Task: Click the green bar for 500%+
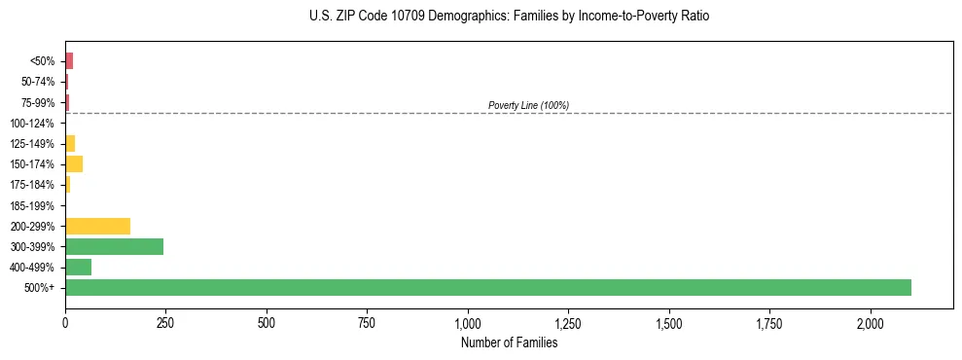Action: coord(487,287)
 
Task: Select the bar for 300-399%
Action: coord(114,246)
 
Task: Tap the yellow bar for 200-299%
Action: coord(97,226)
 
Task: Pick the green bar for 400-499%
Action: coord(78,267)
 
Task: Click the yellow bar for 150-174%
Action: coord(74,163)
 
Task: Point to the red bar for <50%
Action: coord(69,60)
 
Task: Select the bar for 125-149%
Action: coord(70,143)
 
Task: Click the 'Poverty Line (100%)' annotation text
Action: coord(528,105)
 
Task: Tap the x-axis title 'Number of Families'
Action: coord(509,342)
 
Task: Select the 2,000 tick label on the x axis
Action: coord(871,323)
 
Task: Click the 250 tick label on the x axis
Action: coord(165,323)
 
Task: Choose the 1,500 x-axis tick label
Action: coord(669,323)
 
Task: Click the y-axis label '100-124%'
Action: coord(32,123)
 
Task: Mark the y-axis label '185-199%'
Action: coord(32,205)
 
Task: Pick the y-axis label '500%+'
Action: coord(40,288)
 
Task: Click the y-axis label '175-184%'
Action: coord(32,185)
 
